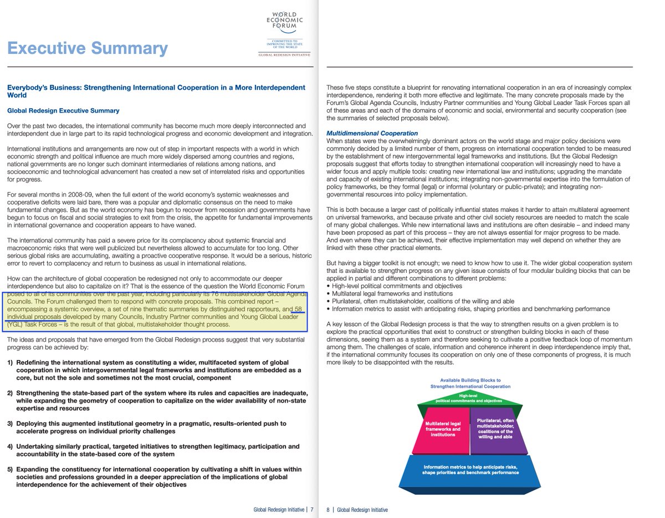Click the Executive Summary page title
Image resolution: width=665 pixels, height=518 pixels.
pyautogui.click(x=87, y=48)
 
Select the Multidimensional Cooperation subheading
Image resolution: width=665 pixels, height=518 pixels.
pyautogui.click(x=372, y=134)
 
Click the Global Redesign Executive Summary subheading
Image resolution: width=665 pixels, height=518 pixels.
pyautogui.click(x=63, y=111)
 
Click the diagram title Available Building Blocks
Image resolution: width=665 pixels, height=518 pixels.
pyautogui.click(x=470, y=383)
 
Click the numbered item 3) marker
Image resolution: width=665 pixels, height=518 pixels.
pyautogui.click(x=10, y=423)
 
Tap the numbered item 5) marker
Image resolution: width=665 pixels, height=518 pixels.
pyautogui.click(x=10, y=469)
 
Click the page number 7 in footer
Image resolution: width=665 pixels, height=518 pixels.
pyautogui.click(x=312, y=510)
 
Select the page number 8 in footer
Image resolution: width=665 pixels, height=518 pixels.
pyautogui.click(x=328, y=510)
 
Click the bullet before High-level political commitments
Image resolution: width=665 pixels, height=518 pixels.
pyautogui.click(x=328, y=286)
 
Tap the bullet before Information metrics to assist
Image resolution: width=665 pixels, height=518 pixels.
pyautogui.click(x=328, y=309)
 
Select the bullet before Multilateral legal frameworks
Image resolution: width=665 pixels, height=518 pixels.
pyautogui.click(x=328, y=294)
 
